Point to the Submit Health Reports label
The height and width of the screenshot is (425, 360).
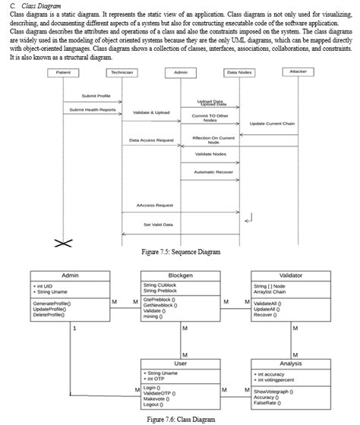click(91, 109)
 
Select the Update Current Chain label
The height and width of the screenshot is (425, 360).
click(271, 124)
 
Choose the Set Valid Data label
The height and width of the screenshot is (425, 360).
click(158, 225)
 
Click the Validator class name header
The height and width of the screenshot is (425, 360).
click(291, 275)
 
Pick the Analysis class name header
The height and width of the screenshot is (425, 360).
click(291, 365)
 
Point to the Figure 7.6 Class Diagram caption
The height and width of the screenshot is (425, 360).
click(175, 419)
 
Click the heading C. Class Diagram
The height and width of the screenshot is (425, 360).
click(36, 5)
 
